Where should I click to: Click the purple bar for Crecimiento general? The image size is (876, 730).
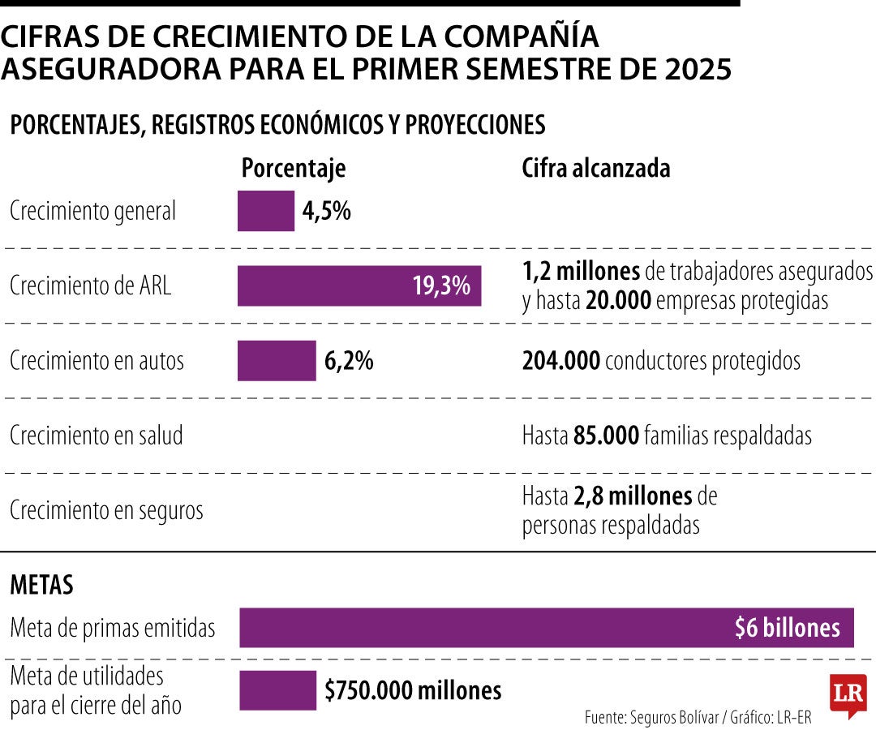tap(266, 211)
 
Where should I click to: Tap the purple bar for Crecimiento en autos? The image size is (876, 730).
tap(277, 360)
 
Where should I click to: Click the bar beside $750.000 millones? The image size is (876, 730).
tap(278, 690)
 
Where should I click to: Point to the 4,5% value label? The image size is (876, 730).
tap(327, 211)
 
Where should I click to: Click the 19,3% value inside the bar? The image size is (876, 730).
tap(441, 286)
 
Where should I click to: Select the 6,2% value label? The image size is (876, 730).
tap(349, 360)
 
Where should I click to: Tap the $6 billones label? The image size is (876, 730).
tap(787, 628)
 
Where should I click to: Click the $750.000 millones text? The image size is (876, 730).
tap(413, 690)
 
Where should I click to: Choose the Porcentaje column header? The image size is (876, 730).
tap(294, 168)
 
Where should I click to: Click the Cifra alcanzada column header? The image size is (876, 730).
tap(596, 168)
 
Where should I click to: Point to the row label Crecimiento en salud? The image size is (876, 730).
tap(97, 436)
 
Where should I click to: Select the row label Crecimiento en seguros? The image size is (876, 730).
tap(106, 511)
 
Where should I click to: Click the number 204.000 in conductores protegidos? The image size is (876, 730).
tap(561, 361)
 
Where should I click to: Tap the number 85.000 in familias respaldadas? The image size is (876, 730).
tap(606, 436)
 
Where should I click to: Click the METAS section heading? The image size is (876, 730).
tap(41, 584)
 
